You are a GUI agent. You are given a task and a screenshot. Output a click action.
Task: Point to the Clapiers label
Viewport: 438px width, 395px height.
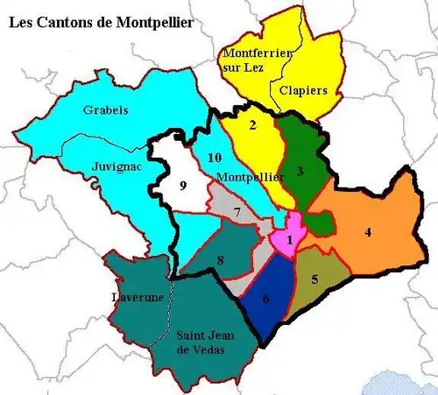(304, 89)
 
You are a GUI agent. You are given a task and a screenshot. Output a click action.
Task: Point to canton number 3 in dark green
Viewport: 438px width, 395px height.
(300, 172)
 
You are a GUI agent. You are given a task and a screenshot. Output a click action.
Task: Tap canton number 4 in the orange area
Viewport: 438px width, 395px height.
(369, 232)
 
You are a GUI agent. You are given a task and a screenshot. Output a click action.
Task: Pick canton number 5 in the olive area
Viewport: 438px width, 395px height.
(314, 279)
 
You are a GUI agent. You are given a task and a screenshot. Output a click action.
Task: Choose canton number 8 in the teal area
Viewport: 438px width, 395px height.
(220, 259)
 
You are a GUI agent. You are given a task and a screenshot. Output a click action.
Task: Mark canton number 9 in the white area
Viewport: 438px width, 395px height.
(183, 186)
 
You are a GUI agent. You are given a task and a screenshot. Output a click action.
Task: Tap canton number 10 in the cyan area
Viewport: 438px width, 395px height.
(214, 158)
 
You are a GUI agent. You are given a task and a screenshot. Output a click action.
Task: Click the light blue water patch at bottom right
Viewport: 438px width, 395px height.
(403, 383)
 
